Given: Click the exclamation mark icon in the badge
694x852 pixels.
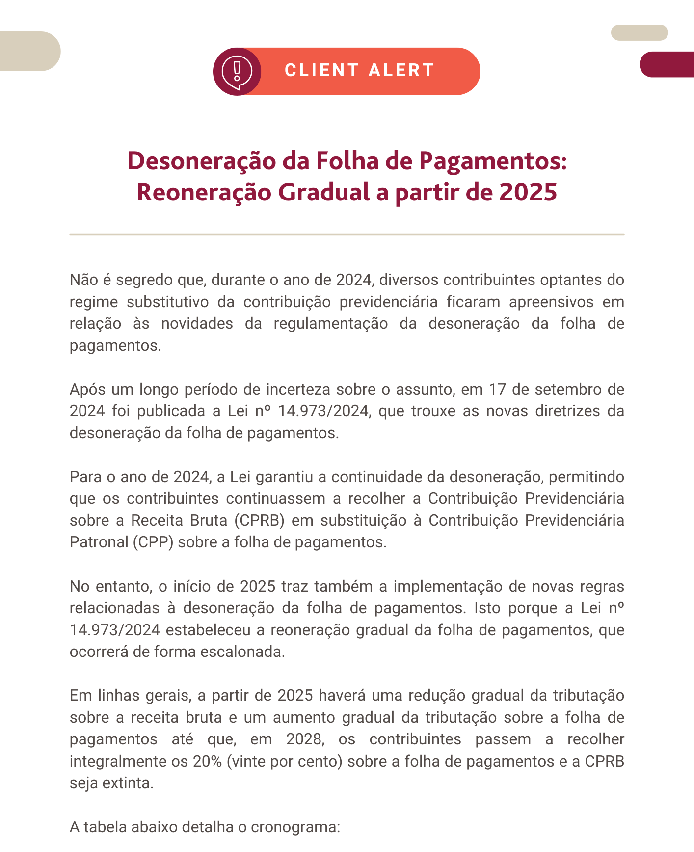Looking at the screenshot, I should (x=237, y=71).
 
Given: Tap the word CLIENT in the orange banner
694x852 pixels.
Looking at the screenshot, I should (x=322, y=70).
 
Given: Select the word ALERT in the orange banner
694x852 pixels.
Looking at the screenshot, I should (x=401, y=70).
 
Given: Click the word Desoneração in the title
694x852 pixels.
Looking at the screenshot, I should (x=200, y=161).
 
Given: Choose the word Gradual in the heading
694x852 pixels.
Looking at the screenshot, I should (x=324, y=192).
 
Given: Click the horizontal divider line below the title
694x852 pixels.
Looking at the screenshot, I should (x=347, y=234).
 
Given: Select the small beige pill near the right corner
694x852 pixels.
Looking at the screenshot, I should (x=639, y=32).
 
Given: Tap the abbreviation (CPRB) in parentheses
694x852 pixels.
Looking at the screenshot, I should (x=259, y=520).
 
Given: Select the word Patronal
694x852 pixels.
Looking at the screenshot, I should (x=99, y=542).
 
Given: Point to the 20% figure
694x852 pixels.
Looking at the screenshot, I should (x=207, y=761).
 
